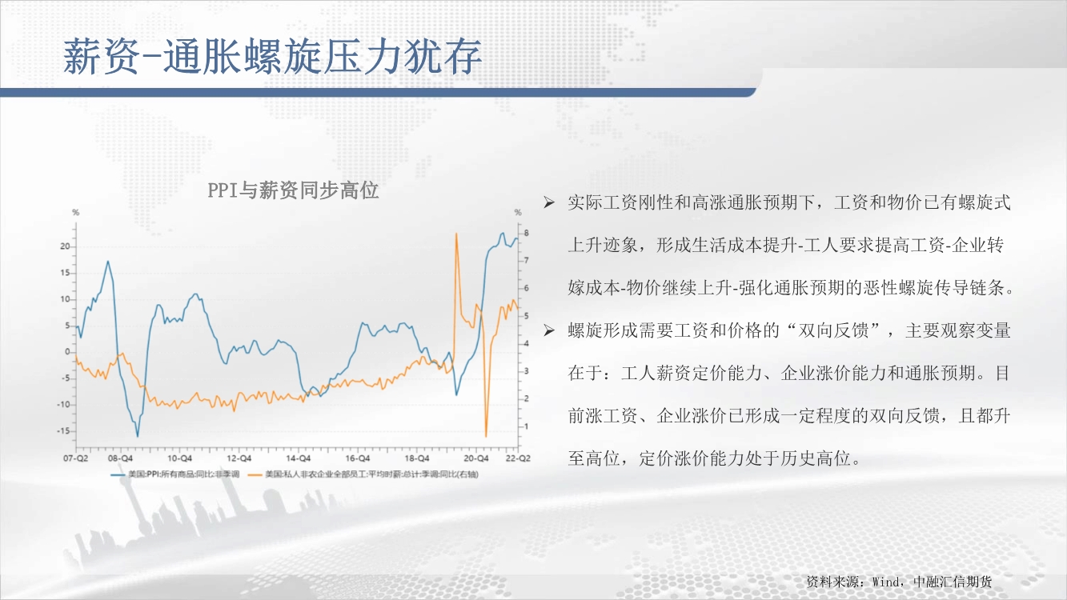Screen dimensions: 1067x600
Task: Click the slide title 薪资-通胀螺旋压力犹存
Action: pyautogui.click(x=272, y=57)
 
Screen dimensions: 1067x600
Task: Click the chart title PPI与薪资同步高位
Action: pyautogui.click(x=293, y=190)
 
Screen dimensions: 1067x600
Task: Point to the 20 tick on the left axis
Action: pyautogui.click(x=65, y=246)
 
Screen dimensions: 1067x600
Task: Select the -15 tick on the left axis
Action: pyautogui.click(x=63, y=431)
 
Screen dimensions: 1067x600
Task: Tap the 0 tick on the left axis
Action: pyautogui.click(x=67, y=352)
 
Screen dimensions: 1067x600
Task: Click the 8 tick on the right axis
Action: pyautogui.click(x=527, y=233)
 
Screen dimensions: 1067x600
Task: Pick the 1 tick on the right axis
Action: pyautogui.click(x=527, y=426)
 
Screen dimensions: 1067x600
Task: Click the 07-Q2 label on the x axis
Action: pyautogui.click(x=76, y=458)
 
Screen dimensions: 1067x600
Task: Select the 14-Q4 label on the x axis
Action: pyautogui.click(x=299, y=458)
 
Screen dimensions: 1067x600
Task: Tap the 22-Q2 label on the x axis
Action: pyautogui.click(x=518, y=458)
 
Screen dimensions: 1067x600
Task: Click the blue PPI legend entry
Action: pyautogui.click(x=174, y=474)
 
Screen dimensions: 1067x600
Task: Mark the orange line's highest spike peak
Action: pyautogui.click(x=456, y=234)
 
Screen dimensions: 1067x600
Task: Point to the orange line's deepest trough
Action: pyautogui.click(x=486, y=436)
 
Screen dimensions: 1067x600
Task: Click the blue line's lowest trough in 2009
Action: pyautogui.click(x=138, y=436)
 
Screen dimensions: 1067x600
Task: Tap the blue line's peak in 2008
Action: pyautogui.click(x=108, y=262)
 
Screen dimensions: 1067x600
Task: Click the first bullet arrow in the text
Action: pyautogui.click(x=549, y=203)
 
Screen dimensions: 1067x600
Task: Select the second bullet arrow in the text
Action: pyautogui.click(x=549, y=330)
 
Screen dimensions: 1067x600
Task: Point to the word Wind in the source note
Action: pyautogui.click(x=884, y=582)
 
